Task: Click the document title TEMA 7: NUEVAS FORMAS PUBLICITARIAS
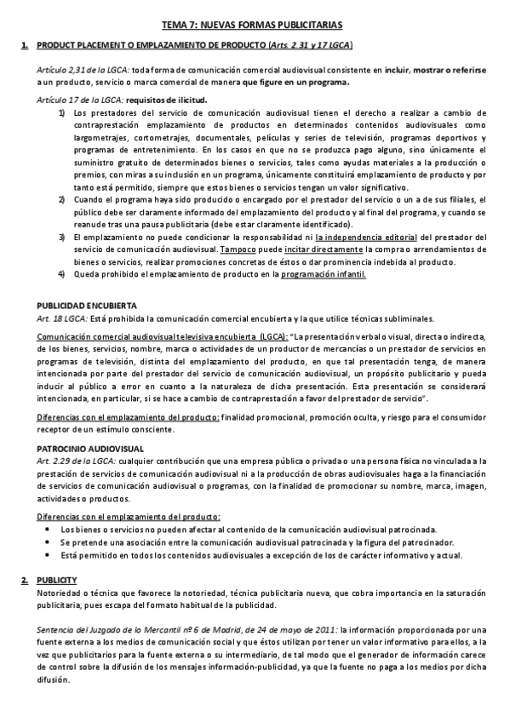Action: click(255, 26)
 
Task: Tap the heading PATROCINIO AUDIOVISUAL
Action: click(89, 448)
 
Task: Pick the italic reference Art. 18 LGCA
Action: click(62, 318)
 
